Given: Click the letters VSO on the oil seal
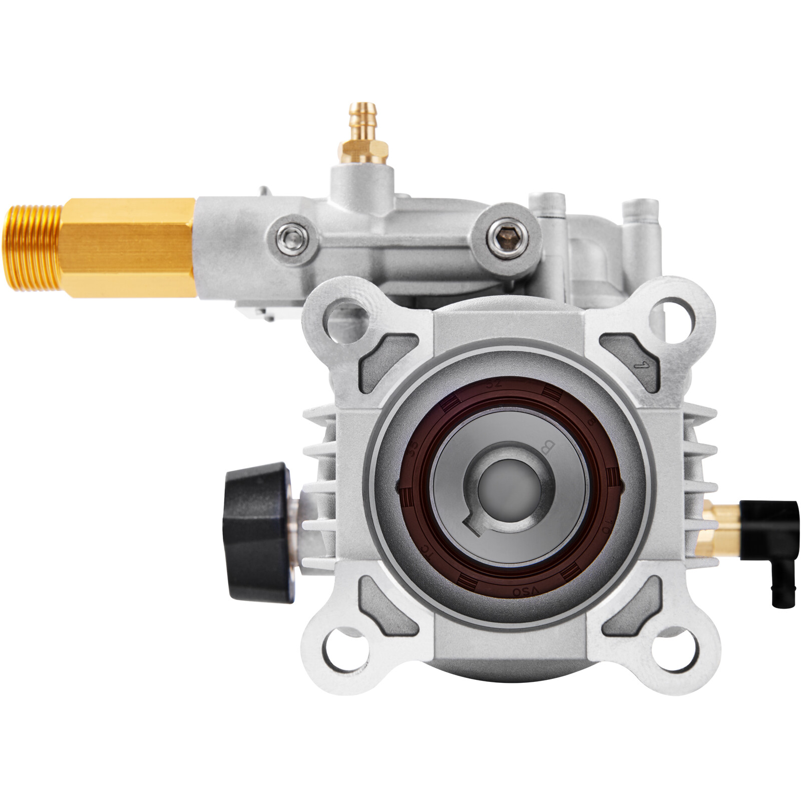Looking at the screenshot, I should pyautogui.click(x=519, y=591).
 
